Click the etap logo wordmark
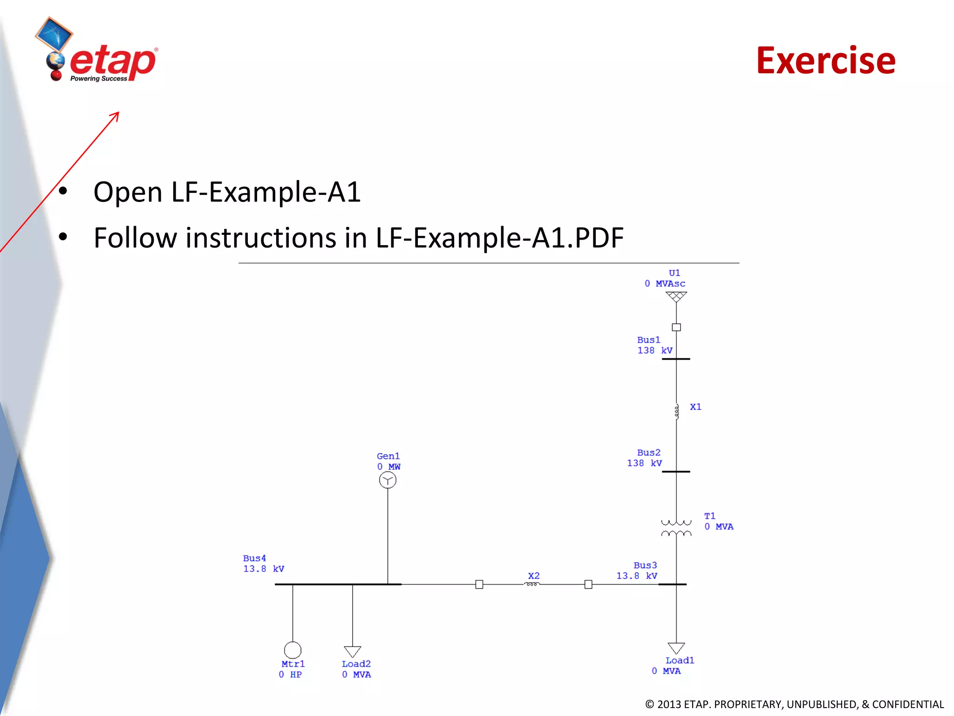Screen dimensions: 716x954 point(113,62)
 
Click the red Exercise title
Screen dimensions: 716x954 point(825,61)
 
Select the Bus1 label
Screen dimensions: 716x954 point(648,340)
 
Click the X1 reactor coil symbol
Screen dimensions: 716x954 point(676,411)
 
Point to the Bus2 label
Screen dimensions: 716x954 point(648,453)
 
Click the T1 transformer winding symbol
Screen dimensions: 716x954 point(676,528)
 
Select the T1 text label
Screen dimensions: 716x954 point(709,516)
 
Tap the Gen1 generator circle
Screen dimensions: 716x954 point(388,480)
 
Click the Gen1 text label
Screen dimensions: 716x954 point(388,456)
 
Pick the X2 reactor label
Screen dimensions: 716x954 point(534,576)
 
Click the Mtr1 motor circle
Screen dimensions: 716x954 point(293,650)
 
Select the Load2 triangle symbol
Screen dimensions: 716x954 point(353,651)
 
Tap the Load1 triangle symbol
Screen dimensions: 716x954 point(676,648)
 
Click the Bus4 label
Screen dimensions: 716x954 point(254,558)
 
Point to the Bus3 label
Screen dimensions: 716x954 point(645,565)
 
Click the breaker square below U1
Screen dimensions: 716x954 point(676,327)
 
